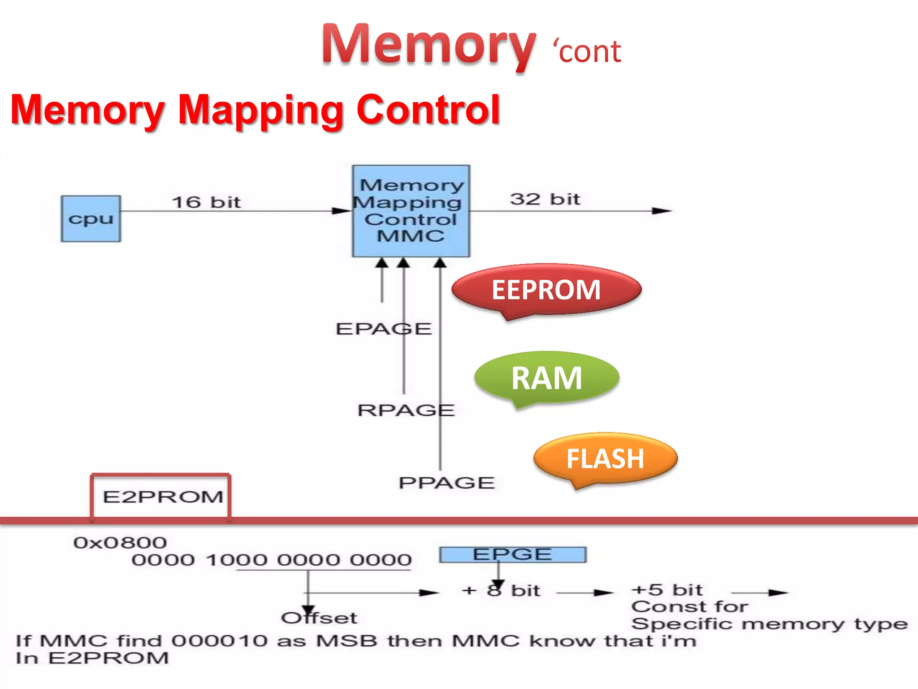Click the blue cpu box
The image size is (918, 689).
91,219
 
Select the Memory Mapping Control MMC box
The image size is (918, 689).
411,211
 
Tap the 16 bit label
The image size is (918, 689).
207,202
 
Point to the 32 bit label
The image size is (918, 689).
545,199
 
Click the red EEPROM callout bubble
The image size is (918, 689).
546,290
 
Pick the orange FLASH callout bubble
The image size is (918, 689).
605,459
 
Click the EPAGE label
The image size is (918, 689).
384,329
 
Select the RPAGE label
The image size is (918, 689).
406,410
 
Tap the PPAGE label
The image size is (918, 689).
447,483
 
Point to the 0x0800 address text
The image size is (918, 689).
120,543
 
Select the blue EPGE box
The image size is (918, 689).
512,554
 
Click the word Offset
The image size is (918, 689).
319,618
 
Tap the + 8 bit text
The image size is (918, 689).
501,590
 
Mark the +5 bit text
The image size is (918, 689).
667,589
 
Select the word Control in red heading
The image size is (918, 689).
428,110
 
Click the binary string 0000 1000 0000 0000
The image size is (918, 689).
272,560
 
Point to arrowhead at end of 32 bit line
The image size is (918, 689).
662,211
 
